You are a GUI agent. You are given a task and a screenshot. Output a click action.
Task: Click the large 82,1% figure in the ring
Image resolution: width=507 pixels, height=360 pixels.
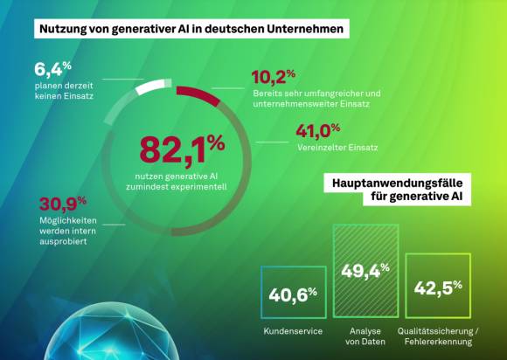coord(182,150)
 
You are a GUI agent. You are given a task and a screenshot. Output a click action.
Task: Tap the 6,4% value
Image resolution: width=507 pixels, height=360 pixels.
coord(52,69)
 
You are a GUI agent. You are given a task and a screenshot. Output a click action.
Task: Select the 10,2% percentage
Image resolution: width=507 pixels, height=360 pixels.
coord(274,77)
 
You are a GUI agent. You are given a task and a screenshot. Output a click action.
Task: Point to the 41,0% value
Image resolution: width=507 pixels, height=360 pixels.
coord(318,131)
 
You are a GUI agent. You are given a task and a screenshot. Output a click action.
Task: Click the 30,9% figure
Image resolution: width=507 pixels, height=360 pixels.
coord(63,204)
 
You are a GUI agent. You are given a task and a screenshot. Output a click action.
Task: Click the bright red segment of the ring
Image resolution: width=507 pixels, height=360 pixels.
coord(198,95)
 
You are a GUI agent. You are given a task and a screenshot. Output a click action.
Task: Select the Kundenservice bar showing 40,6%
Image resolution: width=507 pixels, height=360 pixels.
coord(293,292)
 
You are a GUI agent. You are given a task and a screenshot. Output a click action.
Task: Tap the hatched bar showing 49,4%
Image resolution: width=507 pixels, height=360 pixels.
coord(365,271)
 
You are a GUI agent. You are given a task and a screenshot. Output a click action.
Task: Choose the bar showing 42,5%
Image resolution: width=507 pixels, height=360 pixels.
coord(438,286)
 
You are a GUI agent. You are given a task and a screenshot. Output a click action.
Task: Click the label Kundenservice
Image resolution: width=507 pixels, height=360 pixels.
coord(293,331)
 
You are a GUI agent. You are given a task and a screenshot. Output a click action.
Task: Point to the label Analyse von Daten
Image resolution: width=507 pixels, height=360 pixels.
coord(365,336)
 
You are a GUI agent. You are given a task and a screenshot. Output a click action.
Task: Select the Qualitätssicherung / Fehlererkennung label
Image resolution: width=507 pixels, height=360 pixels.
coord(438,336)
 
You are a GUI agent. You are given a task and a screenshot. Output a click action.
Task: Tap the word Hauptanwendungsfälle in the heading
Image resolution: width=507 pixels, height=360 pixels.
coord(398,183)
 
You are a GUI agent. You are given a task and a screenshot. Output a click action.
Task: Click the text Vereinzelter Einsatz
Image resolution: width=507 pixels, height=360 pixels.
coord(337,148)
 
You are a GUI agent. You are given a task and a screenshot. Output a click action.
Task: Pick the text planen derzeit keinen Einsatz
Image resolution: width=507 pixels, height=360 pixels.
coord(64,91)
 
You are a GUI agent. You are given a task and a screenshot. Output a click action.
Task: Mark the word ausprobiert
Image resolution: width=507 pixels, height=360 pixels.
coord(63,241)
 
